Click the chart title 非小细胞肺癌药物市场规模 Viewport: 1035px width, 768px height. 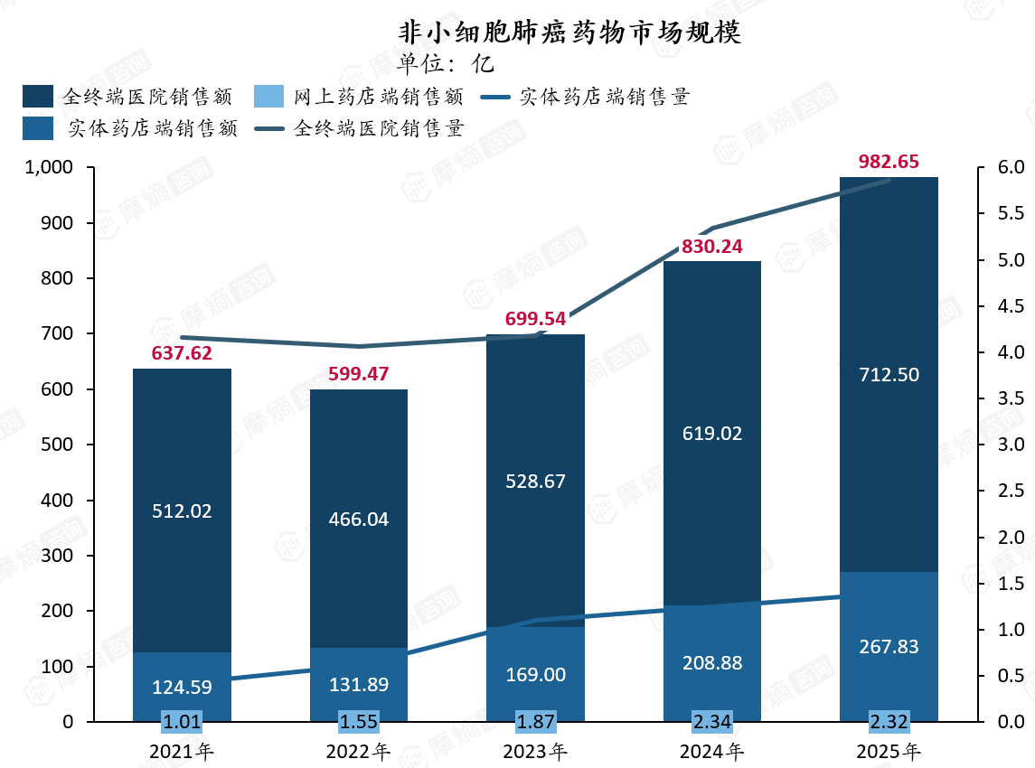569,33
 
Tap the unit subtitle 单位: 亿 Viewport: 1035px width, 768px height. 445,64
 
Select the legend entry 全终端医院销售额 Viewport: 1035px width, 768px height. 127,97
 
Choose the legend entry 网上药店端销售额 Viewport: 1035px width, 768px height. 359,97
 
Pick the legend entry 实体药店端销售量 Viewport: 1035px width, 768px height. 585,97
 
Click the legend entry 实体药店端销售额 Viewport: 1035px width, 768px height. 130,128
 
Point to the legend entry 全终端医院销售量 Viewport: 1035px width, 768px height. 359,128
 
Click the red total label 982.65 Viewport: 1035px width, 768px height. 889,162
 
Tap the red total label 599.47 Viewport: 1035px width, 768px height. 359,374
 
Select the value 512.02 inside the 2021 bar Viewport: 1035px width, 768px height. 183,511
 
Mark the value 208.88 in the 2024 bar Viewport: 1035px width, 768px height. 712,662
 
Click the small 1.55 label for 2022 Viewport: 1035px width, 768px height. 359,721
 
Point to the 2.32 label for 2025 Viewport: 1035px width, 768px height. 889,721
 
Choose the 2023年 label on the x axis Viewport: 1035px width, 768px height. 535,752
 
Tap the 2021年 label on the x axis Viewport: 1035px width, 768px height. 182,752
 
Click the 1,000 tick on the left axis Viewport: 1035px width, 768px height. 49,167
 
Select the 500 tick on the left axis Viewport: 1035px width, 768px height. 58,444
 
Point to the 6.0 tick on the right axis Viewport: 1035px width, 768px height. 1011,167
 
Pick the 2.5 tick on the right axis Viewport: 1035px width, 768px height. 1011,491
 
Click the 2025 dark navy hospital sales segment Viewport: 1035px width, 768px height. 889,374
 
